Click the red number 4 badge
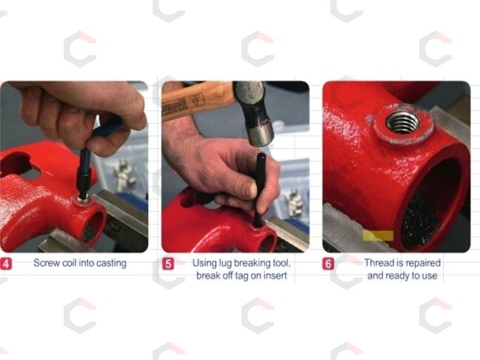tap(6, 264)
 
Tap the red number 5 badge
tap(167, 264)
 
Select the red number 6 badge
tap(328, 264)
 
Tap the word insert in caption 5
tap(276, 276)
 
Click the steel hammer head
tap(253, 113)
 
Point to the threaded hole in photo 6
tap(402, 121)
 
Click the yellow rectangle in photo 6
tap(378, 236)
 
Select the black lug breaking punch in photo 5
tap(261, 190)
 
